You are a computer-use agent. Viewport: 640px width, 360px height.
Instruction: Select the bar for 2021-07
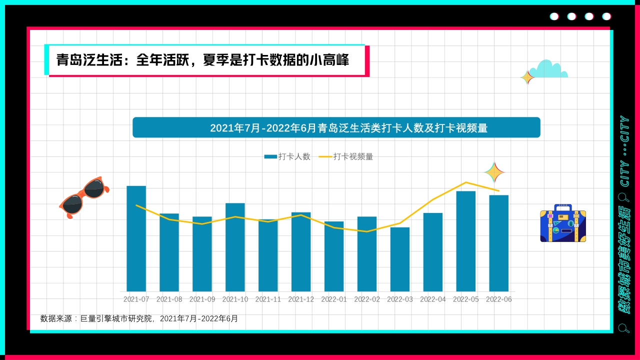coord(136,238)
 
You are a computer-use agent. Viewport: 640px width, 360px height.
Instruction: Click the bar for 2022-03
coord(400,259)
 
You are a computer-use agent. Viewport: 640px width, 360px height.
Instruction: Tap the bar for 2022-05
coord(465,241)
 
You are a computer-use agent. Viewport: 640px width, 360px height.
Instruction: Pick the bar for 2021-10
coord(235,247)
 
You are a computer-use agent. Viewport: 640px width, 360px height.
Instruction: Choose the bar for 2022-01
coord(334,256)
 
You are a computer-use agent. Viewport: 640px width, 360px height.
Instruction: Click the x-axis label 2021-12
coord(301,299)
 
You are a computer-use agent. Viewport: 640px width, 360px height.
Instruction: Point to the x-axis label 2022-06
coord(498,299)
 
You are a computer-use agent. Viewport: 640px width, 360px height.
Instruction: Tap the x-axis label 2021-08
coord(169,299)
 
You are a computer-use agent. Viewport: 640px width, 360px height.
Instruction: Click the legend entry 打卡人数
coord(287,156)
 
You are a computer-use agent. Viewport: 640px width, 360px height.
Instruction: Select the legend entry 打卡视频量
coord(346,156)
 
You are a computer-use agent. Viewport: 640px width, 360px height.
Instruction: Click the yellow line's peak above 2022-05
coord(466,182)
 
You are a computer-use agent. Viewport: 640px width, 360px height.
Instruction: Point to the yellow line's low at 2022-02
coord(367,231)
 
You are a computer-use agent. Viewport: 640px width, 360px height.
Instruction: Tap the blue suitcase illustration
coord(562,224)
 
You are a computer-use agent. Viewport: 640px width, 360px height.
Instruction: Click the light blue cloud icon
coord(549,70)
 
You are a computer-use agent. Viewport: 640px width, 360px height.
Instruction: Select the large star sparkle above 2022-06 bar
coord(494,172)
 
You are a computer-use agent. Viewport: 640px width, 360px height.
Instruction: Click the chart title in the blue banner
coord(336,128)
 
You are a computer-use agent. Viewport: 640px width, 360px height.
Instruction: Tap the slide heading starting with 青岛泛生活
coord(202,60)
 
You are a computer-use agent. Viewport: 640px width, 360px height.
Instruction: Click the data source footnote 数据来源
coord(139,318)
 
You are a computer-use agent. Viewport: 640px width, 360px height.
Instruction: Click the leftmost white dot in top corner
coord(554,16)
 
